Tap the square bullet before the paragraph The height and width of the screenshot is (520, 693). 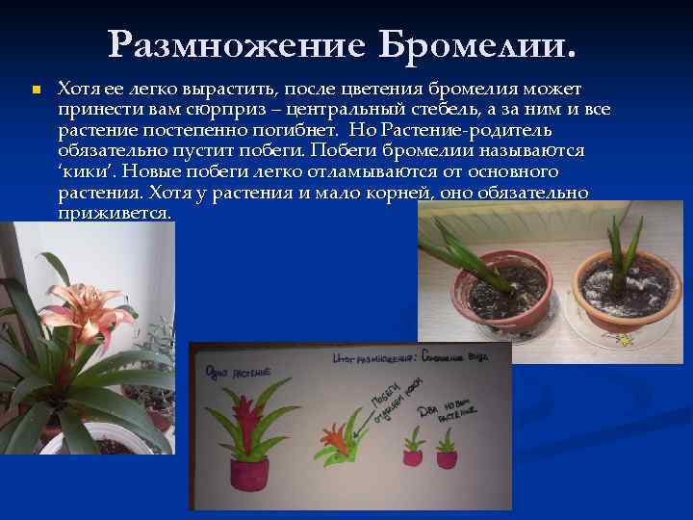tap(35, 90)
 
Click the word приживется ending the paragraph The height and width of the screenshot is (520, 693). tap(115, 212)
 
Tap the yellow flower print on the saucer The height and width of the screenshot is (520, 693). tap(627, 340)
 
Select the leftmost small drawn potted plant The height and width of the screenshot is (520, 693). tap(413, 449)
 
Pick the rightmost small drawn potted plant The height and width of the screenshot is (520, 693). tap(447, 451)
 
